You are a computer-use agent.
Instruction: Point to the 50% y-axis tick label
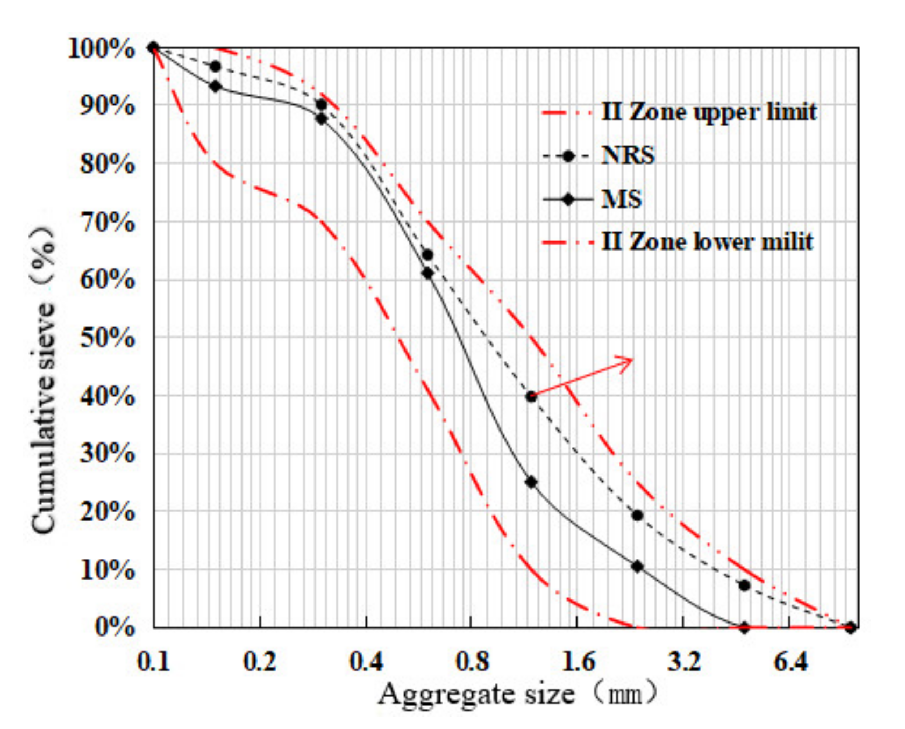107,338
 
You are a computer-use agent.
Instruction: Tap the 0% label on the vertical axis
114,627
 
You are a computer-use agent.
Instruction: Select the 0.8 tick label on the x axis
472,661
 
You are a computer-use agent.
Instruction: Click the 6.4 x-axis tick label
790,661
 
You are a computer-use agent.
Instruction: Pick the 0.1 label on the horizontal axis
154,661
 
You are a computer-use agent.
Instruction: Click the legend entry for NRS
628,156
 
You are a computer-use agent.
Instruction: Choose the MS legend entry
621,199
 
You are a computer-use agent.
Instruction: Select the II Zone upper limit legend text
709,112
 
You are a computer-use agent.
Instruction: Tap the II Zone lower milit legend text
707,242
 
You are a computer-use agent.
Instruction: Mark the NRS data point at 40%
531,397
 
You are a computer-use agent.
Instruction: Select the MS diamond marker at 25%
531,482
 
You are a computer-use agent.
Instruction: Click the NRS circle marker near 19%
637,516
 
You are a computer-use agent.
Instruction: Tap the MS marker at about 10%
637,566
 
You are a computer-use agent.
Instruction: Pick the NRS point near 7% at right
744,585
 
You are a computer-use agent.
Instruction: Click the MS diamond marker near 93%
216,86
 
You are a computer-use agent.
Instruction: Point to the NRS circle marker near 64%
427,254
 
